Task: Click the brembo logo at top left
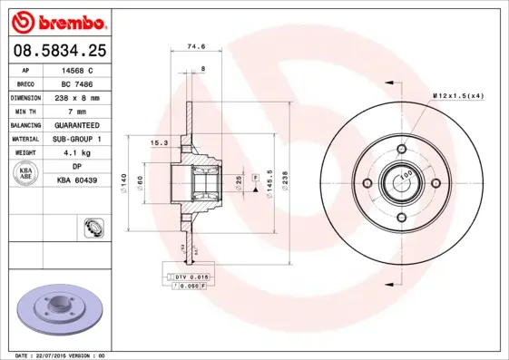coord(60,19)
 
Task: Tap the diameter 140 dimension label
coord(122,184)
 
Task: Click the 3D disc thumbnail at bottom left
coord(59,308)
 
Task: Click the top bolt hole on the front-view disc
coord(401,151)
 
